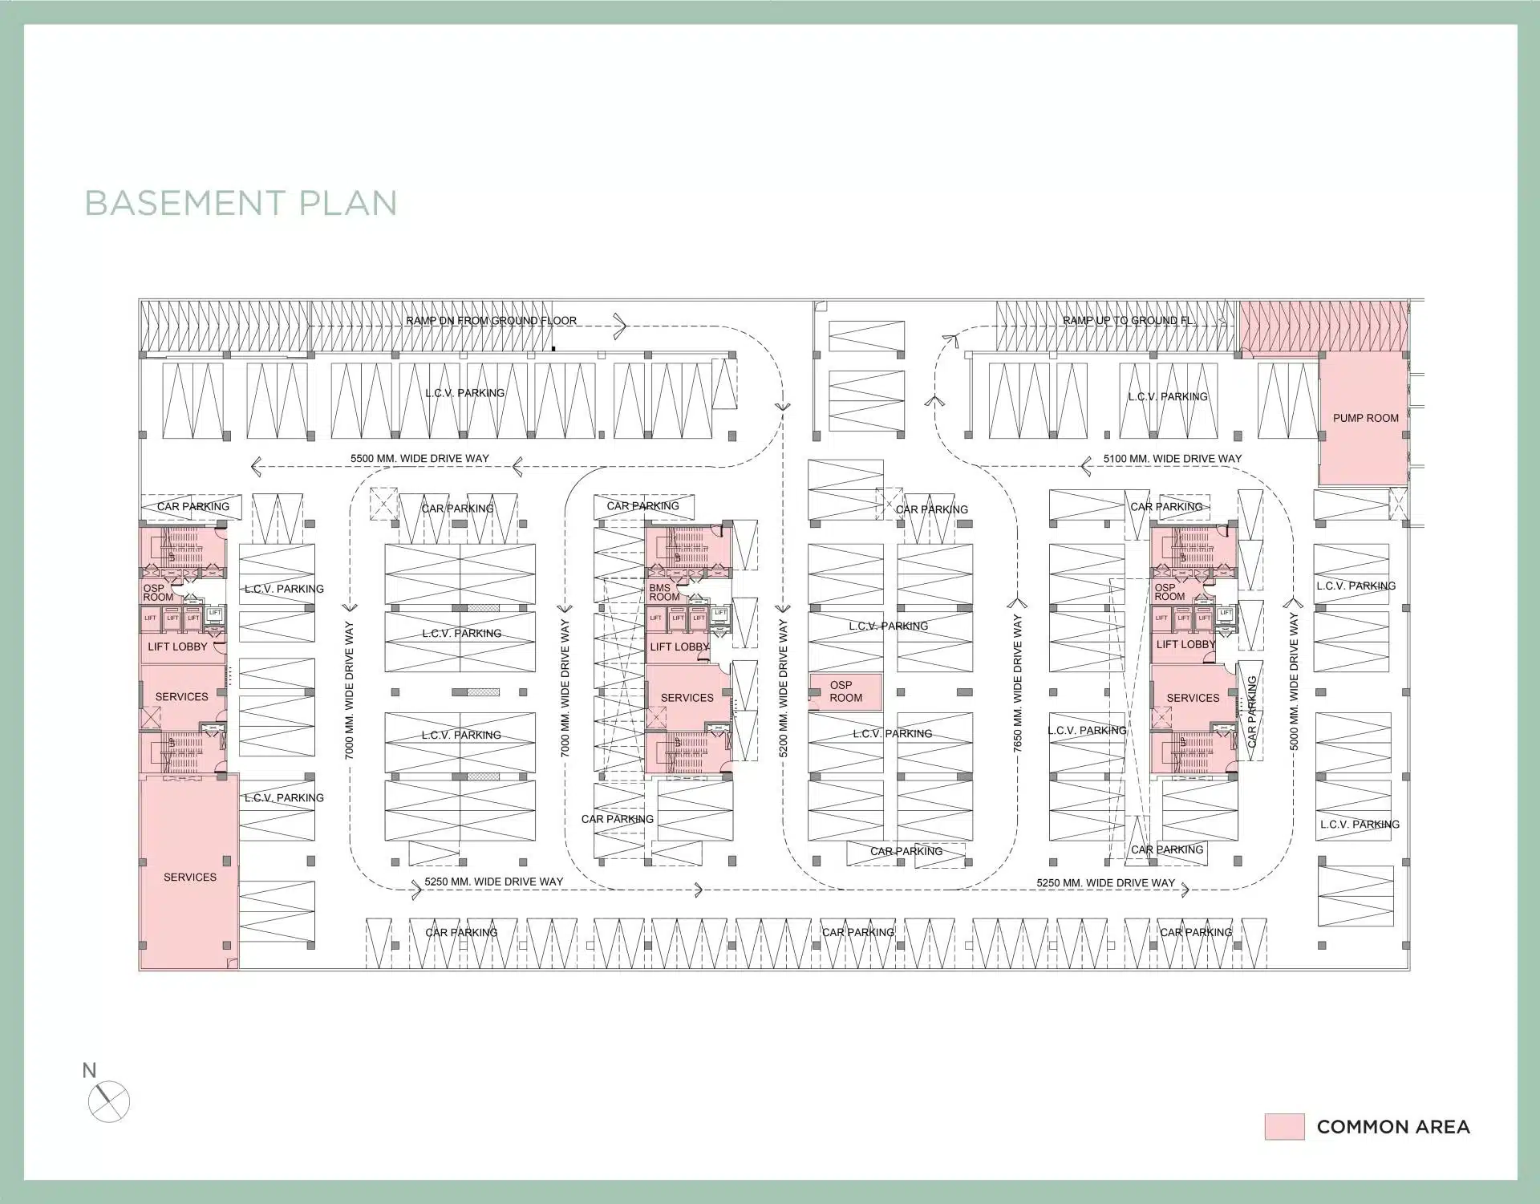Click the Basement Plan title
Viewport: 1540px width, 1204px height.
click(x=241, y=203)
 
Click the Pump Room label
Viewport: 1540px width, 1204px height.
click(x=1365, y=418)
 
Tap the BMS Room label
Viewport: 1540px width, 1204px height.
click(x=663, y=593)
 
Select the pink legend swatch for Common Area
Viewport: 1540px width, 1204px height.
click(x=1284, y=1126)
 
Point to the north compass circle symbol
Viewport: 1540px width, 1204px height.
click(x=108, y=1101)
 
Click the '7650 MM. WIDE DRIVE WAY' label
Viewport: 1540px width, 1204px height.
click(x=1017, y=683)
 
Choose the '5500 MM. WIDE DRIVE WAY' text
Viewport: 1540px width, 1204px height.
click(x=419, y=459)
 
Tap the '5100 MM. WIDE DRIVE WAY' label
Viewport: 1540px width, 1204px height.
click(x=1172, y=459)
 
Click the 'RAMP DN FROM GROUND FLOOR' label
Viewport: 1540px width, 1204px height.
click(x=491, y=321)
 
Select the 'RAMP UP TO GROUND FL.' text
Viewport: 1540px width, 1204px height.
click(x=1128, y=321)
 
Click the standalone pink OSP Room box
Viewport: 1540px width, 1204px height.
click(x=845, y=691)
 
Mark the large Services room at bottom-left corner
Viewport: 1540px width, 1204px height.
click(x=189, y=877)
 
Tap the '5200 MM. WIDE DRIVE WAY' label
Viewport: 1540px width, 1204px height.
click(x=784, y=688)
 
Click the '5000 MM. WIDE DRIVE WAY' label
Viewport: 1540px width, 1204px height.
click(x=1293, y=683)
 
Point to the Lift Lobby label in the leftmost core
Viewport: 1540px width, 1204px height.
click(x=177, y=647)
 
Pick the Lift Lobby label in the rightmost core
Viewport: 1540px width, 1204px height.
click(x=1185, y=644)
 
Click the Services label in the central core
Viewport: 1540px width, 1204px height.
click(x=687, y=698)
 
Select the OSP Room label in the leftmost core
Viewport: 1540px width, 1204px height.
click(x=158, y=593)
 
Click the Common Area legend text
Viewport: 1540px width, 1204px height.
click(x=1393, y=1127)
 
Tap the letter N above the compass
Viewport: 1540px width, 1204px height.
click(x=89, y=1070)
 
